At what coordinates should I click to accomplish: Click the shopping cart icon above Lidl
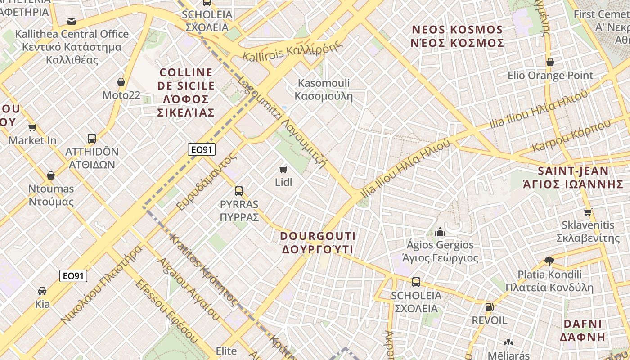283,169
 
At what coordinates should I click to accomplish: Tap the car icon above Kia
42,291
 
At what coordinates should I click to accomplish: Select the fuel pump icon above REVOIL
489,307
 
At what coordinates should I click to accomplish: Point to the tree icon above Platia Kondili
549,261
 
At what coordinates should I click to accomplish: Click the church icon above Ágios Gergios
440,232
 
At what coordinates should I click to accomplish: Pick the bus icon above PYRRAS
239,191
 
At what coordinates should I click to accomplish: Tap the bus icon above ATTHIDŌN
92,138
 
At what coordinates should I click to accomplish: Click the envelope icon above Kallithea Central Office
72,21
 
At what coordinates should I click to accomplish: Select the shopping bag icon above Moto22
121,82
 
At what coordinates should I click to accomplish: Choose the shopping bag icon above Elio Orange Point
550,62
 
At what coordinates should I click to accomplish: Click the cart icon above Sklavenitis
588,212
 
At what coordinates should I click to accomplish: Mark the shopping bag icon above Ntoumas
51,175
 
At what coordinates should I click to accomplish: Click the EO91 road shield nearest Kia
73,275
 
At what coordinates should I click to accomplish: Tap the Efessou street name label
166,310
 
